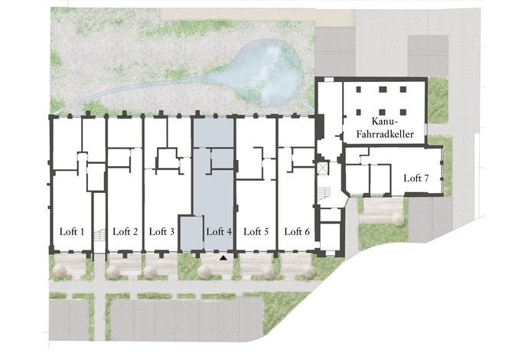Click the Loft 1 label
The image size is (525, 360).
click(x=72, y=231)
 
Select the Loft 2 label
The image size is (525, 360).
click(x=126, y=231)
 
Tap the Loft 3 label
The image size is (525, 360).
click(x=161, y=231)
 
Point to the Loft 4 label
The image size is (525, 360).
click(x=220, y=231)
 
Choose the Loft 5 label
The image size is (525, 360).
click(x=256, y=231)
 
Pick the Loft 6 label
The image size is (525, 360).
click(x=297, y=231)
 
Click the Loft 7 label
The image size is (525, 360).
click(x=416, y=178)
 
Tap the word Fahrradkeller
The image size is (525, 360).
click(x=385, y=134)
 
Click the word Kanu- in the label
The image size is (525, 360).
click(x=384, y=121)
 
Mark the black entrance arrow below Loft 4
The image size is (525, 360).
click(x=223, y=258)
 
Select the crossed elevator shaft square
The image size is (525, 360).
click(x=323, y=169)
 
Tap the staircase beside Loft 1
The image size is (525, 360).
click(x=99, y=234)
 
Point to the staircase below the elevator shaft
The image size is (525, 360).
click(x=324, y=194)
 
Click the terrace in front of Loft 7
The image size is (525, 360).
click(x=383, y=211)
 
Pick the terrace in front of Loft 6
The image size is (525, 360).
click(x=296, y=266)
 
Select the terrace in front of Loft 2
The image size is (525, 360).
click(x=125, y=266)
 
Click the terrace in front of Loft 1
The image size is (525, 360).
click(x=70, y=266)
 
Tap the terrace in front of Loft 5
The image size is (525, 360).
click(x=256, y=266)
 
